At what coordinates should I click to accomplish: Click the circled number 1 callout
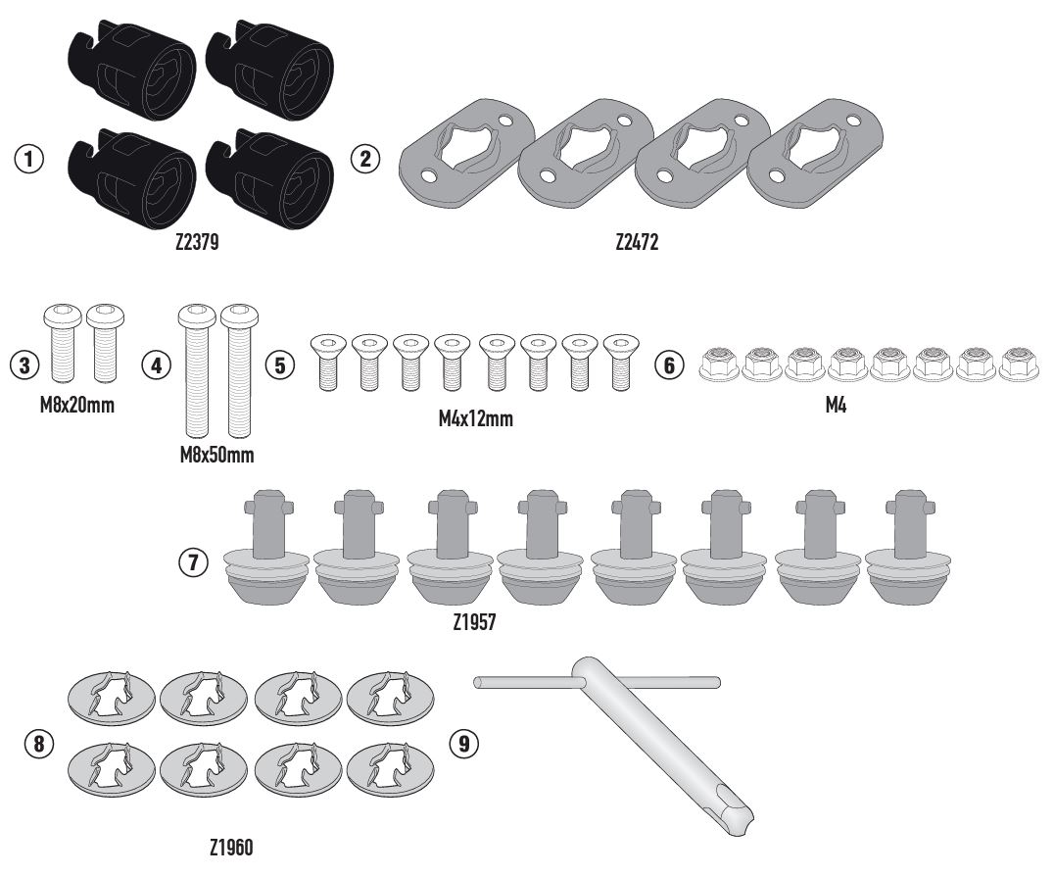click(x=29, y=160)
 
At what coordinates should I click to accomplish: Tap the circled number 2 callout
click(x=365, y=160)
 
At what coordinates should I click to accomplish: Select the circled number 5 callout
click(x=279, y=365)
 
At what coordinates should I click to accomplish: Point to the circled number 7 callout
click(x=194, y=561)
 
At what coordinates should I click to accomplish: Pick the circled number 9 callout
click(x=463, y=744)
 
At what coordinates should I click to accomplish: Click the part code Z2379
click(x=197, y=242)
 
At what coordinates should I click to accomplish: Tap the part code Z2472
click(x=637, y=242)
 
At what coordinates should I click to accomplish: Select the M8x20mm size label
click(x=77, y=406)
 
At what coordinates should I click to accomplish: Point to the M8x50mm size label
click(x=217, y=455)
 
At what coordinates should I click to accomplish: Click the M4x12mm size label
click(x=476, y=418)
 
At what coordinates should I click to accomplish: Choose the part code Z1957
click(x=474, y=622)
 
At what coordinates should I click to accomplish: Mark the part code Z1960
click(x=231, y=848)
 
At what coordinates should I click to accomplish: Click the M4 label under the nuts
click(x=836, y=406)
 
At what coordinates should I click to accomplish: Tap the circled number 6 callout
click(x=669, y=365)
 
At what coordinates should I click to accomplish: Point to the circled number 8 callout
click(x=39, y=744)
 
